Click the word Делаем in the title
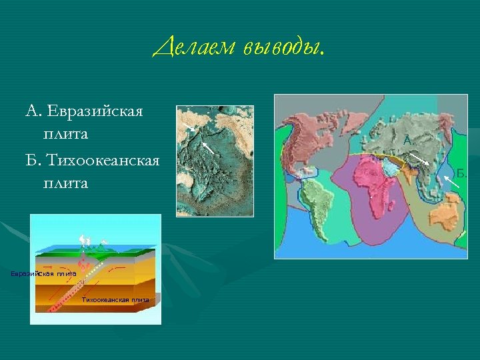[x=194, y=49]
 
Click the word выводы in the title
[x=283, y=49]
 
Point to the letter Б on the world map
[x=460, y=173]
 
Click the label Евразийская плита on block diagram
[x=43, y=273]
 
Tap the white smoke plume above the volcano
[x=85, y=239]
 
